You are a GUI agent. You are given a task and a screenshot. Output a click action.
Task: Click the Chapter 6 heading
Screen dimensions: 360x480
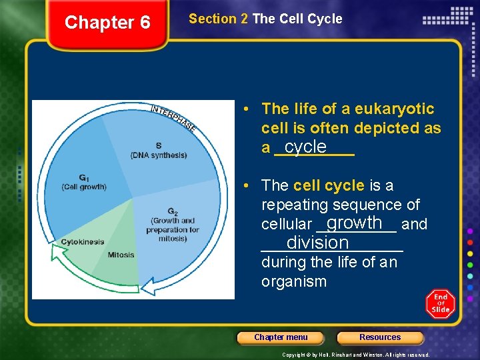pyautogui.click(x=107, y=23)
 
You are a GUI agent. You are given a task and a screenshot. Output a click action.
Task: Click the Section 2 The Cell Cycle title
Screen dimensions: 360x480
pyautogui.click(x=265, y=19)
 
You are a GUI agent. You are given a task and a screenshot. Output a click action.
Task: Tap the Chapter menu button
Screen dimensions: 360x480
pyautogui.click(x=281, y=337)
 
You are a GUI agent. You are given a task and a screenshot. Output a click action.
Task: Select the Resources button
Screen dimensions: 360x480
pyautogui.click(x=380, y=337)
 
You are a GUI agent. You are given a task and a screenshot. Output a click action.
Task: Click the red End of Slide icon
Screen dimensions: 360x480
pyautogui.click(x=440, y=304)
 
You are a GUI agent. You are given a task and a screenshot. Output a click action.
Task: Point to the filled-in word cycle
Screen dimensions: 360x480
pyautogui.click(x=305, y=147)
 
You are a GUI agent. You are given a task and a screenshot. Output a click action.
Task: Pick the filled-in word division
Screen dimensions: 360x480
pyautogui.click(x=317, y=243)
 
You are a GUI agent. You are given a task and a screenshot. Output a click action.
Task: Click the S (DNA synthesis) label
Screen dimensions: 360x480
pyautogui.click(x=159, y=151)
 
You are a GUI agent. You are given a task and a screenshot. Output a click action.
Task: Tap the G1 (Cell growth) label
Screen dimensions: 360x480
pyautogui.click(x=83, y=183)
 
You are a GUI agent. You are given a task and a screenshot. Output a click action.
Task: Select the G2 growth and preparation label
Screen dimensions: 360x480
pyautogui.click(x=172, y=225)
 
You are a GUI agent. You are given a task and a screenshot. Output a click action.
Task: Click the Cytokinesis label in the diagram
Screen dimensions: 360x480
pyautogui.click(x=82, y=242)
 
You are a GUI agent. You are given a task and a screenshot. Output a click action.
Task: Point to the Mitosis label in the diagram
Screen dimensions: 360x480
pyautogui.click(x=121, y=255)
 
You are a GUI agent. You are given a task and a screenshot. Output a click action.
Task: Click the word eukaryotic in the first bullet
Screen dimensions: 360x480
pyautogui.click(x=394, y=109)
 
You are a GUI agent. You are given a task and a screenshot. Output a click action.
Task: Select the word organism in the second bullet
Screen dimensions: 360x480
pyautogui.click(x=293, y=281)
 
